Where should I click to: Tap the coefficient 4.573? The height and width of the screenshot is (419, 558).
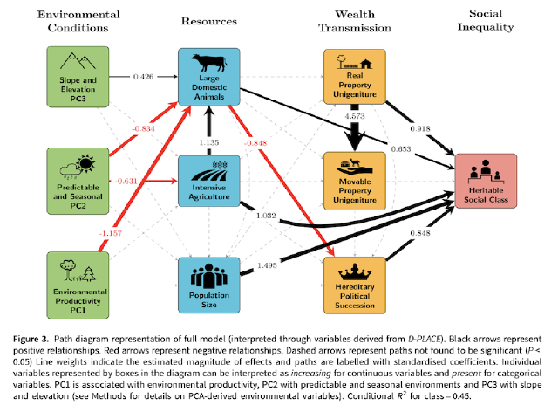(x=356, y=115)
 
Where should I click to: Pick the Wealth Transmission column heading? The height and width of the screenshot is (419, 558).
(x=354, y=21)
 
